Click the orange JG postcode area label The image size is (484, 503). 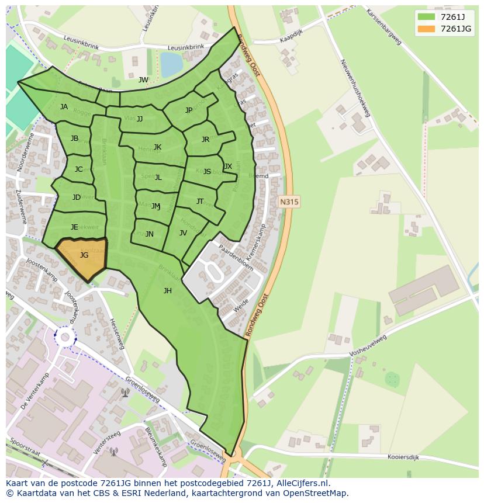click(84, 255)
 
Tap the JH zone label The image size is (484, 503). click(168, 290)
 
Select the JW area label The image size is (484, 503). click(143, 80)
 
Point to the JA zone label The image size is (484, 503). click(64, 106)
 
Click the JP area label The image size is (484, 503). click(189, 110)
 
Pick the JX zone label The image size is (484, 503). click(228, 166)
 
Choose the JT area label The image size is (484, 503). click(200, 201)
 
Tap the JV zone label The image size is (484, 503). click(184, 233)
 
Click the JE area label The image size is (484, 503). click(74, 227)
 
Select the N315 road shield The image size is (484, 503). click(289, 202)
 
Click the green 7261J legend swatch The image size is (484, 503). click(427, 16)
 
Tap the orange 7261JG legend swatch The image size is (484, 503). click(427, 29)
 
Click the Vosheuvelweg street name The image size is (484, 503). click(368, 345)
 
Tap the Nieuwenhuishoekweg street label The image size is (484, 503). click(355, 88)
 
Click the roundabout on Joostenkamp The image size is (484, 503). click(65, 337)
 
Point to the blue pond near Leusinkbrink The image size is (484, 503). click(171, 64)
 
